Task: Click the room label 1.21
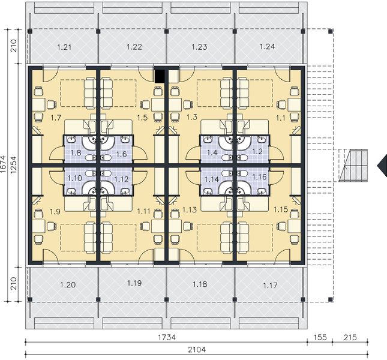point(64,46)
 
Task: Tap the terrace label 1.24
point(268,46)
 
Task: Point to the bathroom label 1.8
point(76,154)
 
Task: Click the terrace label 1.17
point(271,284)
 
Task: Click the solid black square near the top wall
point(160,76)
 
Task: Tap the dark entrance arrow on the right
point(381,164)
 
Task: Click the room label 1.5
point(142,117)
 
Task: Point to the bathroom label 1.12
point(121,178)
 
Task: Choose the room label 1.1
point(280,117)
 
